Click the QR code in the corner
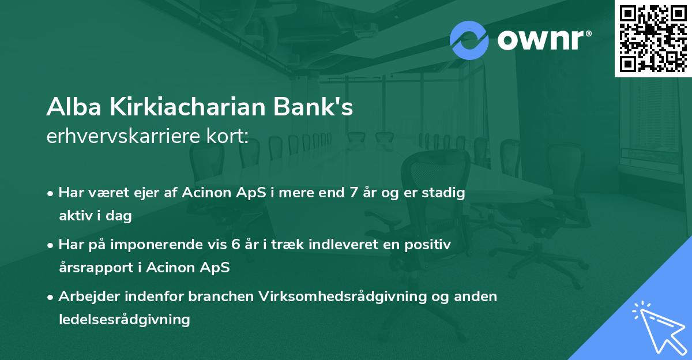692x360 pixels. tap(653, 38)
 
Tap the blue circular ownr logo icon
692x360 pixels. tap(469, 40)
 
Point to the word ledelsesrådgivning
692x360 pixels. tap(124, 319)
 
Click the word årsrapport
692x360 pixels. tap(94, 267)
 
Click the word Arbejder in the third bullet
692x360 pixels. tap(85, 297)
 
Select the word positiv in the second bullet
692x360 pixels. tap(430, 245)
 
